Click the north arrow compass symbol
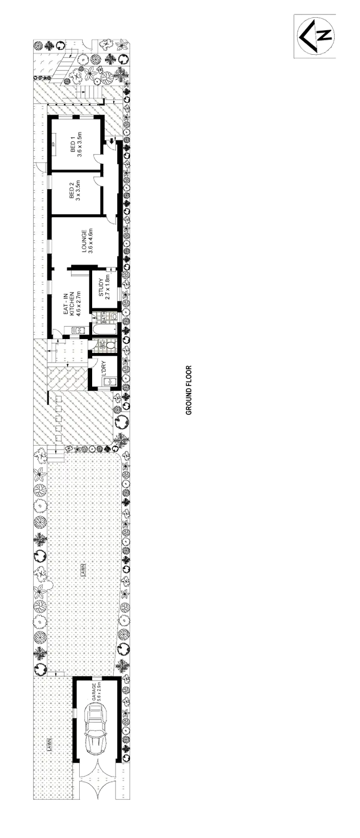tap(315, 36)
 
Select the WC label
tap(101, 344)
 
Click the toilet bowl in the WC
tap(111, 344)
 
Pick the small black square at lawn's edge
tap(48, 585)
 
